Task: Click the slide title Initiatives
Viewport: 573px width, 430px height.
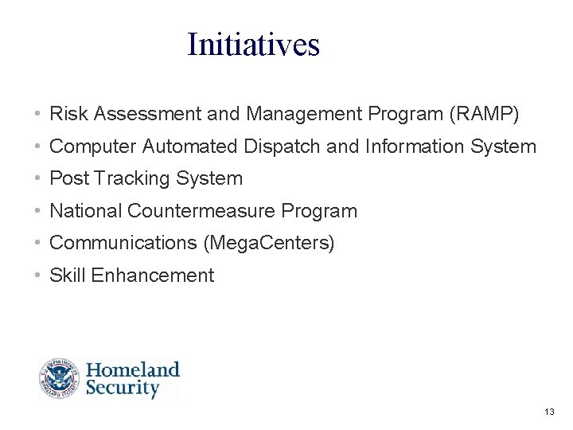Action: (x=253, y=45)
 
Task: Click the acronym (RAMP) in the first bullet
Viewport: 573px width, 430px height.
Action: (x=484, y=115)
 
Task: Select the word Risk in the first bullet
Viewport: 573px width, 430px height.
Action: (x=68, y=115)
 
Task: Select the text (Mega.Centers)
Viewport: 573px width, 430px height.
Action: (x=269, y=244)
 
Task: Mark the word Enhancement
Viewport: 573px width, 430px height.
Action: (x=153, y=276)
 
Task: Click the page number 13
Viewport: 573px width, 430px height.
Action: (x=548, y=412)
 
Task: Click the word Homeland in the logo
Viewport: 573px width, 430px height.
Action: (x=133, y=370)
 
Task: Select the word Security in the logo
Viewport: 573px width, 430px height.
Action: (x=123, y=389)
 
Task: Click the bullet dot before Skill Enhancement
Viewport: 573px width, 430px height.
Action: (x=38, y=276)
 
